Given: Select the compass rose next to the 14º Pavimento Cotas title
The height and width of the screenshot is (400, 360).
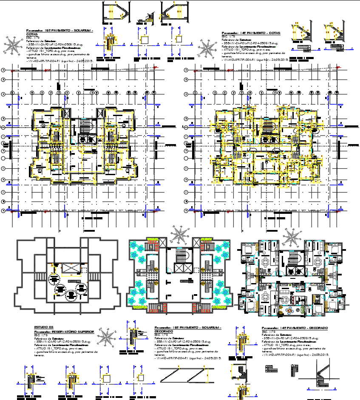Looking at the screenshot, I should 207,49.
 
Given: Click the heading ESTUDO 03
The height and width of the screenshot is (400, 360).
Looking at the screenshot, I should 42,327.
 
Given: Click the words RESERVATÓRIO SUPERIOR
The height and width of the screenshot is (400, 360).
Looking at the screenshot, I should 77,330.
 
